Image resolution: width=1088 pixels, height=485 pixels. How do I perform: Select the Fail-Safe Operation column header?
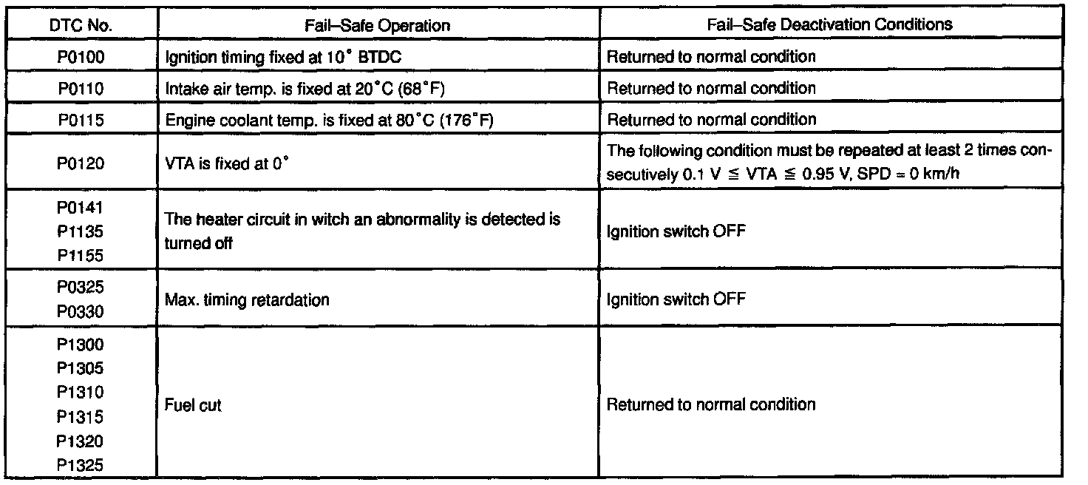[377, 24]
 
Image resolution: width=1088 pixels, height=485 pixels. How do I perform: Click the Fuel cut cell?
[190, 405]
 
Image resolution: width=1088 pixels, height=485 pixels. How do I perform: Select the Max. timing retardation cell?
[246, 299]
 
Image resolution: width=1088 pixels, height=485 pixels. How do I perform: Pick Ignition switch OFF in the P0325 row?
[676, 299]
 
